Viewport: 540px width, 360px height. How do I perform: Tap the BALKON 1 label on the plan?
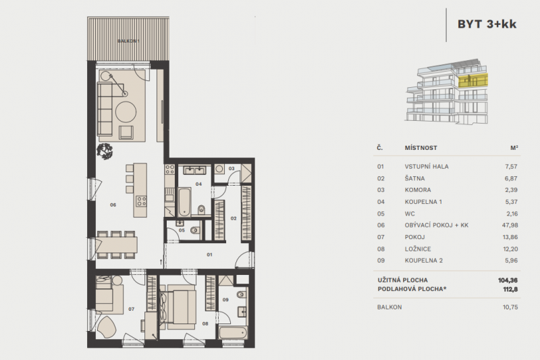point(128,41)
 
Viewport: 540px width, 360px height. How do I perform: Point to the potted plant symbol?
point(105,151)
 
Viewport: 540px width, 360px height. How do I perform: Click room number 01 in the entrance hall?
point(209,255)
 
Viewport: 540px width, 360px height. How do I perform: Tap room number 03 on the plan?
point(231,168)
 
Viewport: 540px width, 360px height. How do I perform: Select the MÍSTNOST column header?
point(421,147)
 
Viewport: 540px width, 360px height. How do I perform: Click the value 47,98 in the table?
point(506,226)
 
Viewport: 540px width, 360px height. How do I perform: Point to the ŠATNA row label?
point(414,178)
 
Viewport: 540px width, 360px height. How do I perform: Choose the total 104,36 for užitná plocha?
point(505,280)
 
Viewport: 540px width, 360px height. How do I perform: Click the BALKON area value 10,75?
point(506,307)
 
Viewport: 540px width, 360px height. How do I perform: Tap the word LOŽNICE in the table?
point(418,251)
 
